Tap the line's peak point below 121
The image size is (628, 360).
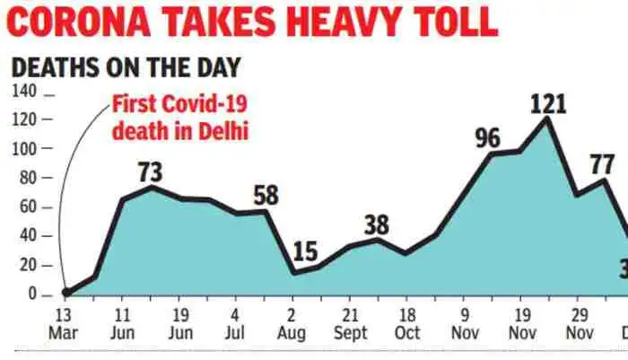tap(546, 118)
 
